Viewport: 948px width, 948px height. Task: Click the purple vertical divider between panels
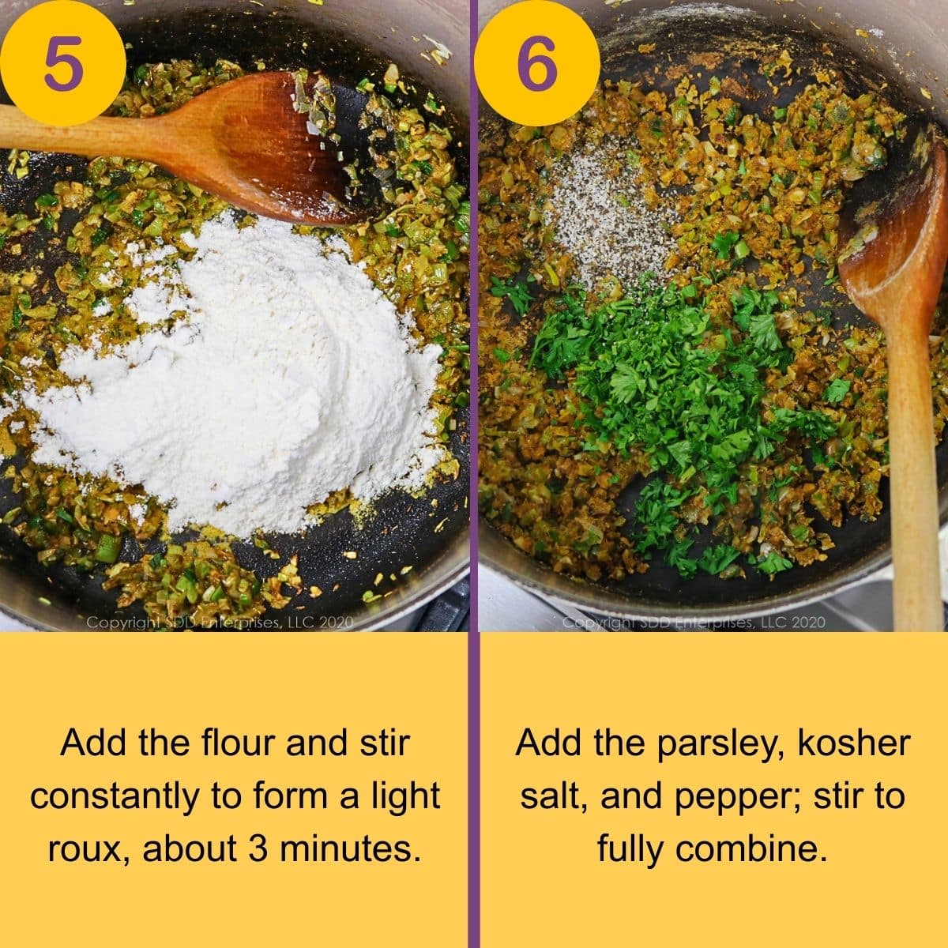[x=474, y=474]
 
